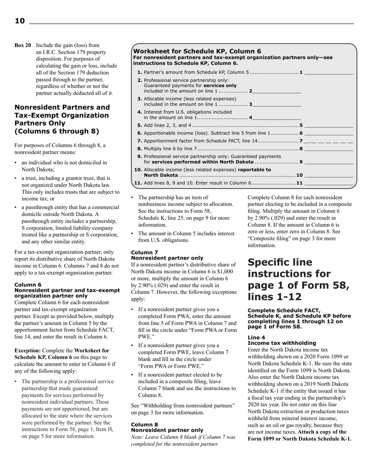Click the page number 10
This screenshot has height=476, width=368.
(19, 21)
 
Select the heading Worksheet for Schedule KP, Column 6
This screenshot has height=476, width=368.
(197, 51)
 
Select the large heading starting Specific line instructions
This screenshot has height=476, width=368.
(298, 279)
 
